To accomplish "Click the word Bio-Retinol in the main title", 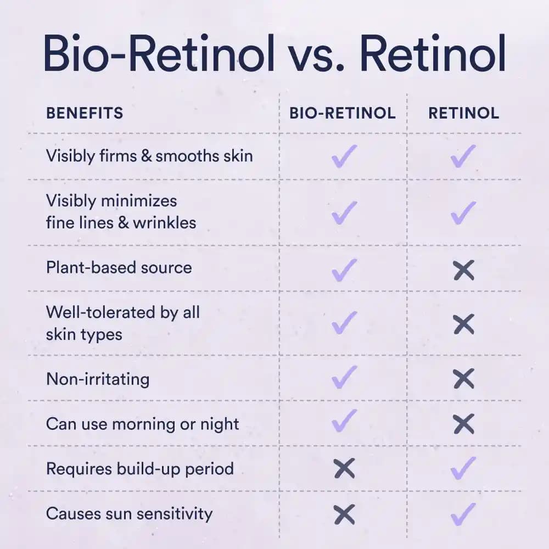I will click(x=159, y=53).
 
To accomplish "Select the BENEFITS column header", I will click(x=85, y=114).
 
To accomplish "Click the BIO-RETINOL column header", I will click(x=343, y=114).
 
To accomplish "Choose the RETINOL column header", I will click(x=464, y=114).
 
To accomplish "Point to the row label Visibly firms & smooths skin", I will click(x=149, y=156).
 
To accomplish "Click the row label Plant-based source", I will click(x=119, y=268).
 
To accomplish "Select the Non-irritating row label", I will click(x=98, y=379).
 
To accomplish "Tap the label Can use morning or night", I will click(x=143, y=424).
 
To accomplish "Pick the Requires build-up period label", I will click(x=140, y=469).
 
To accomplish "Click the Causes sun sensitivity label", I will click(x=129, y=514).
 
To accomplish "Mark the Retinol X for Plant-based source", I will click(x=464, y=270).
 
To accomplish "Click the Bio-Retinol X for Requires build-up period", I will click(x=344, y=469).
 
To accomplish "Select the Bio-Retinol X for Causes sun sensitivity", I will click(x=344, y=514).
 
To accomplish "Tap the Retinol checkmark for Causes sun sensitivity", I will click(x=463, y=513).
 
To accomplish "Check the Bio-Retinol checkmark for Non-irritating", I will click(x=344, y=377).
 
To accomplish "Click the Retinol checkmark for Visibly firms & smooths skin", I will click(x=463, y=156).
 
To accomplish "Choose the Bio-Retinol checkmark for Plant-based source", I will click(x=344, y=269).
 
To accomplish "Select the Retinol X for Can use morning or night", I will click(x=464, y=424).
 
